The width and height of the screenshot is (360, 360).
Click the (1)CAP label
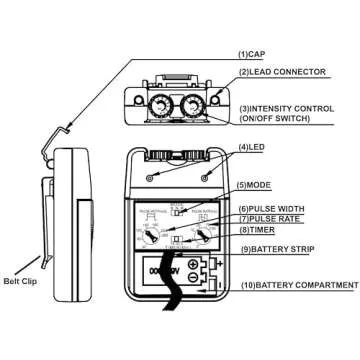[x=251, y=52]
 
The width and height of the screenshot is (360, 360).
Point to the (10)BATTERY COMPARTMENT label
[x=297, y=285]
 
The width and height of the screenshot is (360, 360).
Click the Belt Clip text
[x=21, y=282]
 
